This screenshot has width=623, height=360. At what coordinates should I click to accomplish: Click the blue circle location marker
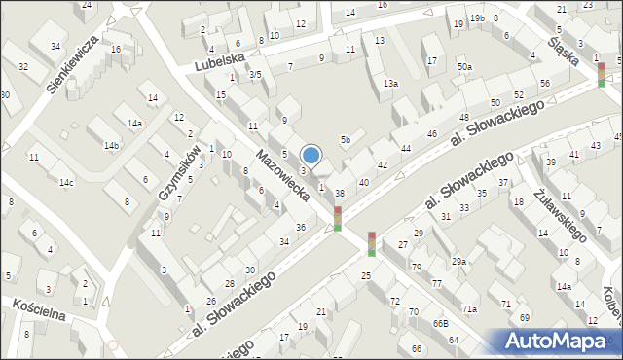[x=311, y=155]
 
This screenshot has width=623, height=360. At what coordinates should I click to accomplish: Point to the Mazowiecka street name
[x=282, y=175]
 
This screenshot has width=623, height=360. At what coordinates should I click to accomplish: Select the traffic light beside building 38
[x=338, y=218]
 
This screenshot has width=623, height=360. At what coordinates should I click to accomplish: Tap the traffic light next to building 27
[x=372, y=243]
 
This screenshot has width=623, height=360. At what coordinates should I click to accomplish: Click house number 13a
[x=390, y=84]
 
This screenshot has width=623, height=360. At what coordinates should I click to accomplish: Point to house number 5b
[x=345, y=140]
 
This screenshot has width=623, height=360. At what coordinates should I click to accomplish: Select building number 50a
[x=465, y=66]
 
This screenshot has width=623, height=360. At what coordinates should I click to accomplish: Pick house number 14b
[x=112, y=146]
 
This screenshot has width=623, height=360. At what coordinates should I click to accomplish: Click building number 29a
[x=458, y=261]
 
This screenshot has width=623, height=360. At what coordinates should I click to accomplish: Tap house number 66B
[x=440, y=322]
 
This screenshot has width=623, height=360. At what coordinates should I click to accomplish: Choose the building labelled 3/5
[x=254, y=75]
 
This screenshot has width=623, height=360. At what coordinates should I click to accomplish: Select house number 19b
[x=476, y=18]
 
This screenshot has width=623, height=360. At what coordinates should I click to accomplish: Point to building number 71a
[x=469, y=308]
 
